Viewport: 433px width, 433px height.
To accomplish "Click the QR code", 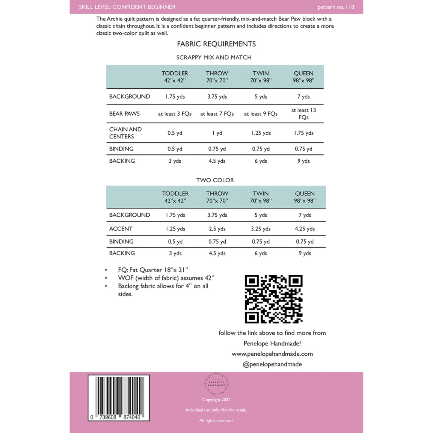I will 273,299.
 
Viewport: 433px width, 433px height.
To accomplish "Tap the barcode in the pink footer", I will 119,398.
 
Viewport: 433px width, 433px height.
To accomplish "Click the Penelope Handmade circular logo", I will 216,384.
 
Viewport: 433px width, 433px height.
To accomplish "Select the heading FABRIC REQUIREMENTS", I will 216,44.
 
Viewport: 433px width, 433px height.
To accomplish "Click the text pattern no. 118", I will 336,7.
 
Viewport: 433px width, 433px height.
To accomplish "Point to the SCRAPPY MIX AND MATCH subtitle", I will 214,57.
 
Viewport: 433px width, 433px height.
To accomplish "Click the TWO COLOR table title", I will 215,180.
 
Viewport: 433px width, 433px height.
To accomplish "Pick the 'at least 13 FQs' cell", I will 303,114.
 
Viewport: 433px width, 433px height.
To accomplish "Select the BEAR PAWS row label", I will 124,114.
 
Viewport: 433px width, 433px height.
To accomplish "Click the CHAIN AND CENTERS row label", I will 125,133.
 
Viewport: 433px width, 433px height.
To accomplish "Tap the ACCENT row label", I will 120,229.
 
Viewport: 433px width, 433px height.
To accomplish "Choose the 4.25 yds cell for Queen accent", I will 304,229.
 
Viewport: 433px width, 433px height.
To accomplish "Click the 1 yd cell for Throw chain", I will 217,133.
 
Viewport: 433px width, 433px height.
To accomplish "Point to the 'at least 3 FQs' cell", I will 175,114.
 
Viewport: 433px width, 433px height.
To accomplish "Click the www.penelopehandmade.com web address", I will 272,354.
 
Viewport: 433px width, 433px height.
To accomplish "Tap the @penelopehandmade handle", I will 272,364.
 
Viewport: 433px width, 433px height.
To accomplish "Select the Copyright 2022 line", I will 216,399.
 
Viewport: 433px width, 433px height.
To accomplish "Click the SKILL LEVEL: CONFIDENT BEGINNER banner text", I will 127,7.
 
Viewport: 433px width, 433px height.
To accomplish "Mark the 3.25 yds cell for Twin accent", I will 261,229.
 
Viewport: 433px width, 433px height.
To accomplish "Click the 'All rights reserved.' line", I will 216,420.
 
